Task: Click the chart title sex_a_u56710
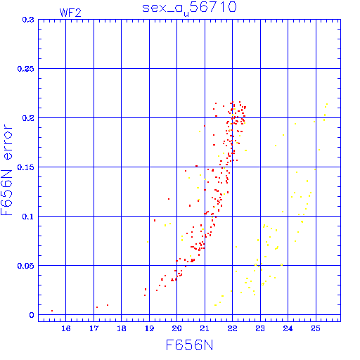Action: (x=189, y=8)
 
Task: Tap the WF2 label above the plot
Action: (x=70, y=13)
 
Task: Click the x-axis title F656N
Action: (x=189, y=345)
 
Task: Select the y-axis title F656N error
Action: (x=6, y=170)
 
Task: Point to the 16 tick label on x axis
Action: (x=66, y=328)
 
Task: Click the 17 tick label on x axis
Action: (x=94, y=328)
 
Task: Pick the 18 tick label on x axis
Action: (x=122, y=328)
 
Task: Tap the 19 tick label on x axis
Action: (x=149, y=328)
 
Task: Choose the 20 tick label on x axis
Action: (x=176, y=328)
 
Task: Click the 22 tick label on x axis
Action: (x=232, y=328)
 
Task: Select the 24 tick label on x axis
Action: (x=288, y=328)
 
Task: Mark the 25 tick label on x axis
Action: (x=316, y=328)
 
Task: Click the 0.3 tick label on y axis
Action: (x=28, y=20)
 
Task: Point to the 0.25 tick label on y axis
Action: (x=25, y=69)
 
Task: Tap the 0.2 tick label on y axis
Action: (x=28, y=118)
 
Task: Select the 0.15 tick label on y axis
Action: (x=25, y=167)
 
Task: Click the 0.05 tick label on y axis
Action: (x=25, y=266)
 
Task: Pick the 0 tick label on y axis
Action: (x=32, y=315)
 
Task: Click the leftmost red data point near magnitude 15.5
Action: (x=52, y=311)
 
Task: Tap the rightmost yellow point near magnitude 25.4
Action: (x=327, y=104)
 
